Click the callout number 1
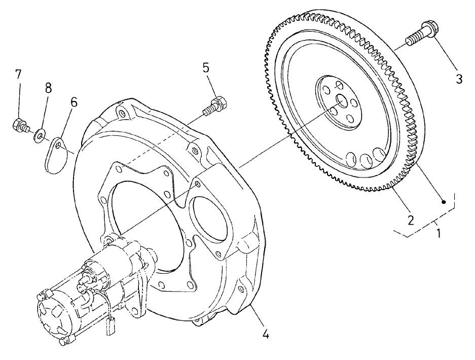tap(439, 234)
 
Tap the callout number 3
tap(459, 79)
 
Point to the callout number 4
tap(265, 334)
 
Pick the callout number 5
tap(206, 67)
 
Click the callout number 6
tap(74, 101)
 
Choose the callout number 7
tap(18, 74)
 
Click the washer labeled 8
tap(39, 135)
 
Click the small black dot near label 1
tap(444, 202)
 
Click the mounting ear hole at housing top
tap(120, 111)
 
